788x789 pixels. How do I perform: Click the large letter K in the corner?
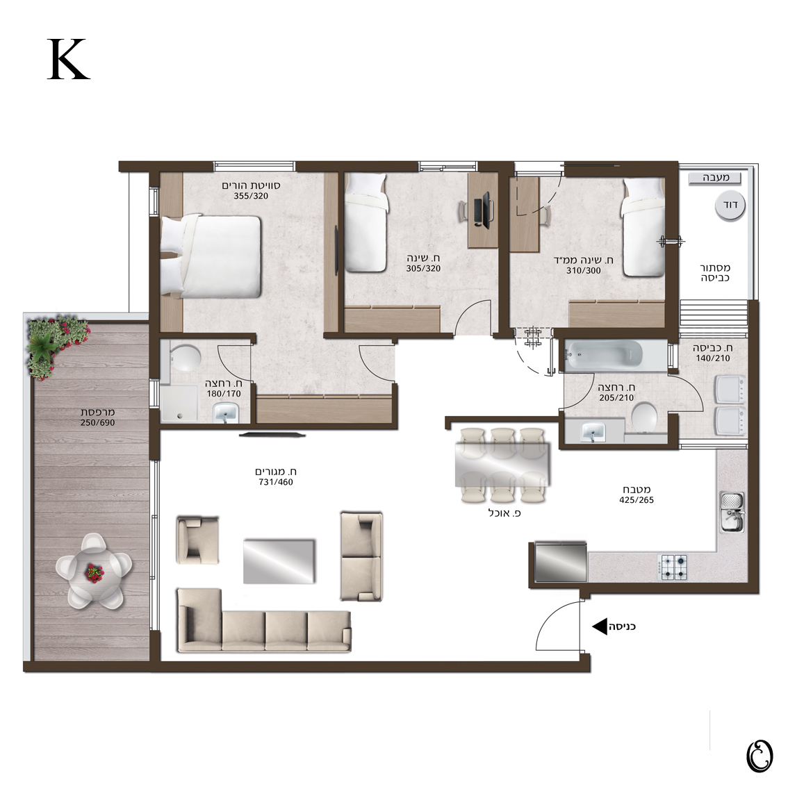[69, 59]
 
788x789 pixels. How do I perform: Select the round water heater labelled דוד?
[730, 206]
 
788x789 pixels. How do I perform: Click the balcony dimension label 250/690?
[98, 423]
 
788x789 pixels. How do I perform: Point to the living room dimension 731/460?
[275, 482]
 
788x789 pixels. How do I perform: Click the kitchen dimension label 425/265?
[637, 500]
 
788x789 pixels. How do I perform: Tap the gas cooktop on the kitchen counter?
[673, 567]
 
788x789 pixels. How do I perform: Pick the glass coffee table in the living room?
[279, 561]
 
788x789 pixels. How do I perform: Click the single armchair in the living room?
[197, 540]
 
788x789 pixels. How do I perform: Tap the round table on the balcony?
[94, 572]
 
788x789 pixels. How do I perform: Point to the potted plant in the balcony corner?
[56, 344]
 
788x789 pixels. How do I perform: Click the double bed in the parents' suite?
[211, 256]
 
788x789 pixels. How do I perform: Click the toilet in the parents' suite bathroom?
[186, 357]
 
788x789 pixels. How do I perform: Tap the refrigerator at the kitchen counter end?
[560, 562]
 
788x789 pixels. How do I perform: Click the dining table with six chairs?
[502, 465]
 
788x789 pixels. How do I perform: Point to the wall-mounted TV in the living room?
[272, 434]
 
